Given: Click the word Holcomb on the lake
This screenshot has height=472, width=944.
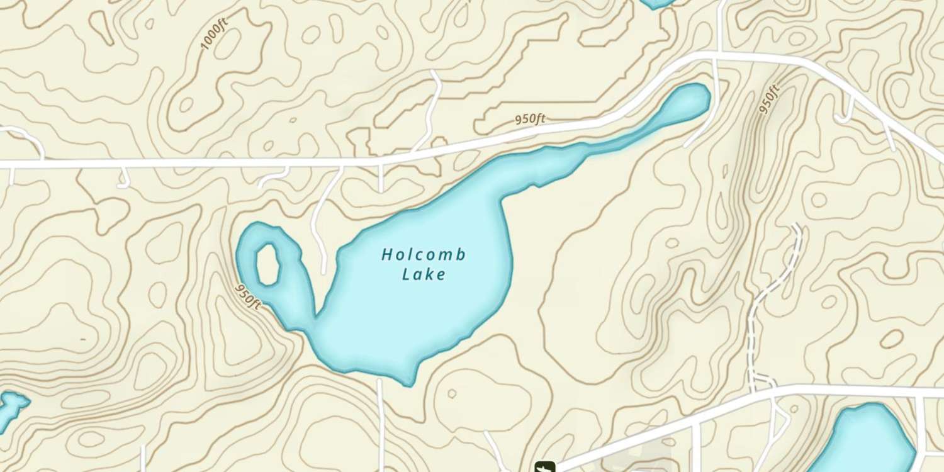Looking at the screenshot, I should (x=424, y=255).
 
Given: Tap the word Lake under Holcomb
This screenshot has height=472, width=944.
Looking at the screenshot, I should (x=424, y=274).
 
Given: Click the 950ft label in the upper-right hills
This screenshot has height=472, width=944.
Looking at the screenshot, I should (x=768, y=99).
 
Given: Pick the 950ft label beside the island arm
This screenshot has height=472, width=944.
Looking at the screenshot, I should (x=248, y=296).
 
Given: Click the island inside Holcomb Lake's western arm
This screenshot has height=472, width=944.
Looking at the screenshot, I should (x=268, y=264).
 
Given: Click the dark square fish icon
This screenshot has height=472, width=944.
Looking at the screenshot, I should (x=544, y=467).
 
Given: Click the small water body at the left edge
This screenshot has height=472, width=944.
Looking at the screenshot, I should (x=9, y=406).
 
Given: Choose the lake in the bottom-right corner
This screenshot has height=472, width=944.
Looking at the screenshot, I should (x=868, y=437).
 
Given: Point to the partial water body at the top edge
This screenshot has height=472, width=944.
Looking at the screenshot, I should (x=656, y=3).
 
